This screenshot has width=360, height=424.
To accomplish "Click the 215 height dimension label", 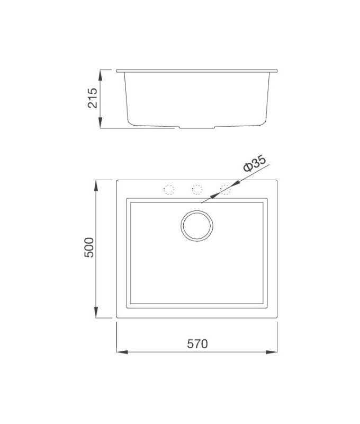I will pyautogui.click(x=93, y=98).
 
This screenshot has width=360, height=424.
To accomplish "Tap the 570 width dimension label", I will pyautogui.click(x=197, y=343).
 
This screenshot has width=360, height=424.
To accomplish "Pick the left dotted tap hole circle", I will pyautogui.click(x=169, y=189).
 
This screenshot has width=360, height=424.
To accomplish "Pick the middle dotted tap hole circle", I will pyautogui.click(x=197, y=189).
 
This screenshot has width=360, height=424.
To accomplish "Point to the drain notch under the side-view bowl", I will pyautogui.click(x=197, y=128).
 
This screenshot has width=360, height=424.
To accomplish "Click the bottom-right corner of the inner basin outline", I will pyautogui.click(x=268, y=308).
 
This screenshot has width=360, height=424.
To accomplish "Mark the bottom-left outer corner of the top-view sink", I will pyautogui.click(x=116, y=318).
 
